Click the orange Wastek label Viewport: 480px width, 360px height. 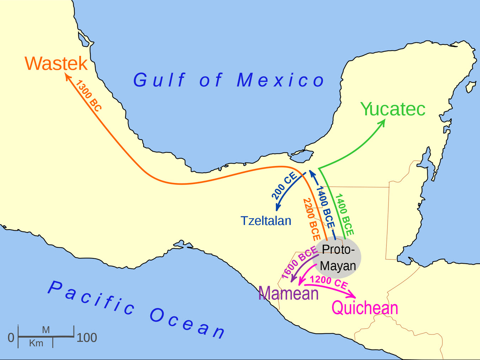tap(56, 64)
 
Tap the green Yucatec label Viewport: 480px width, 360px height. tap(393, 109)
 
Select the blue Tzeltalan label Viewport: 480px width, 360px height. tap(266, 221)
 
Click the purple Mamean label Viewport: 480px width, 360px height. tap(288, 294)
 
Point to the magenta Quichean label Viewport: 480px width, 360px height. tap(364, 308)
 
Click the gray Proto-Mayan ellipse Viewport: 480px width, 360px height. tap(338, 258)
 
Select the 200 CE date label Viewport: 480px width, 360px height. tap(284, 186)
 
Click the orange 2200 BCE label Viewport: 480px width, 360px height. tap(311, 219)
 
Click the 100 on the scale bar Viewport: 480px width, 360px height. tap(87, 337)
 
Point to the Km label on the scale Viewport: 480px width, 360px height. tap(36, 343)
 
